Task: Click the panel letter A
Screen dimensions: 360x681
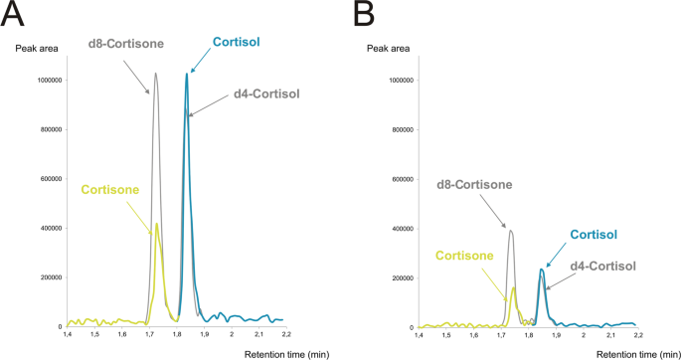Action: (14, 13)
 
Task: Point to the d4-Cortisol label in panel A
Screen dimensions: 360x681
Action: (265, 94)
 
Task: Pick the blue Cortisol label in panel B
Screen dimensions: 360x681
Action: (593, 235)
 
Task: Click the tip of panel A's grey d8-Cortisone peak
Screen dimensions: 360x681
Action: (155, 73)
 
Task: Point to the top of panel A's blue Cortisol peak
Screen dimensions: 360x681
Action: (186, 73)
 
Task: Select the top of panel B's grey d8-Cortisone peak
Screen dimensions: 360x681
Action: (511, 231)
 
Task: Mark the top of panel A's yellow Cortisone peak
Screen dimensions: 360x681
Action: (157, 223)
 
